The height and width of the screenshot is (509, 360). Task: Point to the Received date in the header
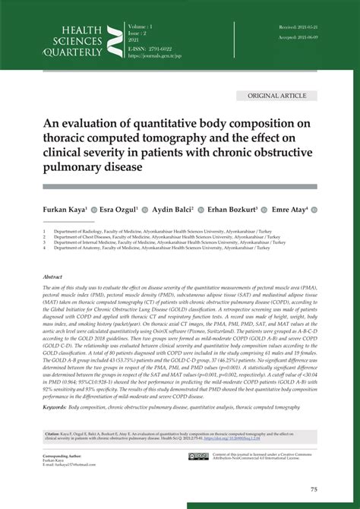tap(297, 26)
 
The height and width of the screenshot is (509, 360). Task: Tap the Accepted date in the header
tap(297, 36)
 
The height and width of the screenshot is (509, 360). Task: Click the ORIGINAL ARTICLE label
tap(276, 96)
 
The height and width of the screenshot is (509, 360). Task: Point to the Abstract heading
tap(52, 277)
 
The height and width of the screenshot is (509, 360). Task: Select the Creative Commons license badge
tap(198, 457)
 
